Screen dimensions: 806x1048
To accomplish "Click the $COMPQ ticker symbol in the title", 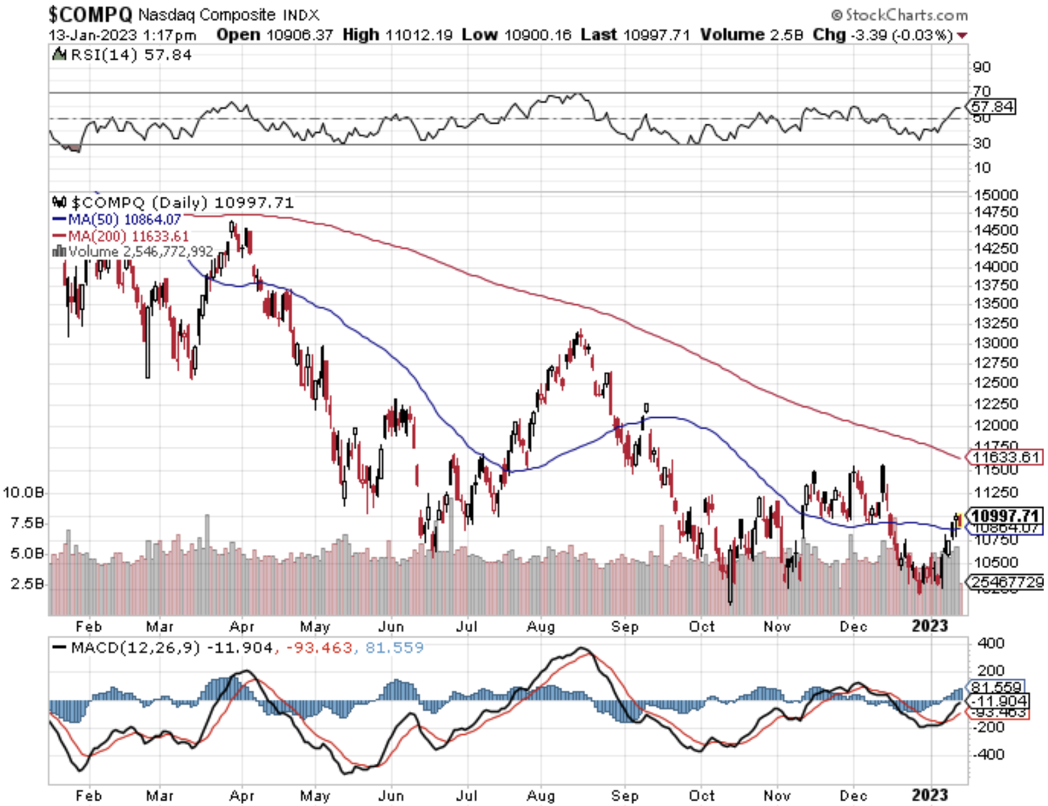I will pyautogui.click(x=90, y=14).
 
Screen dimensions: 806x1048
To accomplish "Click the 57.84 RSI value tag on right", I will pyautogui.click(x=993, y=106).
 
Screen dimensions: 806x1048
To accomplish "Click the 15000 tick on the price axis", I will pyautogui.click(x=996, y=195).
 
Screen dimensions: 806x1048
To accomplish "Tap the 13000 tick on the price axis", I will pyautogui.click(x=996, y=343).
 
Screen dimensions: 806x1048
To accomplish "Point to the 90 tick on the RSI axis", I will pyautogui.click(x=981, y=67).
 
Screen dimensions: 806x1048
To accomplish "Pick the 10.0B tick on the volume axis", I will pyautogui.click(x=24, y=492).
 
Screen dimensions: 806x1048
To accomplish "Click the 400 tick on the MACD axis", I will pyautogui.click(x=991, y=643).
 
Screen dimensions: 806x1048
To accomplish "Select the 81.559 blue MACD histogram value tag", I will pyautogui.click(x=997, y=687).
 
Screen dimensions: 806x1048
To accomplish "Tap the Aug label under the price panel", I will pyautogui.click(x=541, y=627).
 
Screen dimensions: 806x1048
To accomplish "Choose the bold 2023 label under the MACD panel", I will pyautogui.click(x=930, y=796).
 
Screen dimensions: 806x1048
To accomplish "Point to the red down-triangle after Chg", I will pyautogui.click(x=962, y=36).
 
